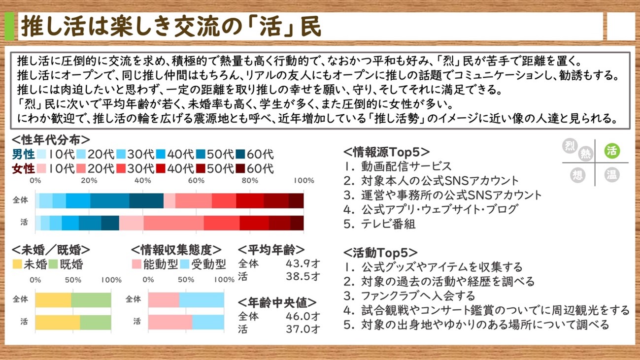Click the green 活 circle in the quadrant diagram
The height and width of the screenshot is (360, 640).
pyautogui.click(x=612, y=151)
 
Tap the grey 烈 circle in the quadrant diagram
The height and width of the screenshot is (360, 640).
pyautogui.click(x=570, y=146)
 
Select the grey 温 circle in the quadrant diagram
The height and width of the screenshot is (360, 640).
pyautogui.click(x=612, y=175)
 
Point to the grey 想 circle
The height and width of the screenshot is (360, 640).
pyautogui.click(x=578, y=175)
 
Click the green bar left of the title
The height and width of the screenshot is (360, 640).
pyautogui.click(x=9, y=26)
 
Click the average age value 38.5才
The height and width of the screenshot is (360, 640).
pyautogui.click(x=303, y=276)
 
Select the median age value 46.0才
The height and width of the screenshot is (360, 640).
pyautogui.click(x=303, y=316)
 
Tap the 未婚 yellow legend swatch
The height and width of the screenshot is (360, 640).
pyautogui.click(x=17, y=264)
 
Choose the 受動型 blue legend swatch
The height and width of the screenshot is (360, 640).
pyautogui.click(x=185, y=264)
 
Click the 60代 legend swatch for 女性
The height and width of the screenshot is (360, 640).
pyautogui.click(x=240, y=168)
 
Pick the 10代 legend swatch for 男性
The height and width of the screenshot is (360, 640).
pyautogui.click(x=41, y=154)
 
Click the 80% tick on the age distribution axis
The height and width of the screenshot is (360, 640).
pyautogui.click(x=250, y=180)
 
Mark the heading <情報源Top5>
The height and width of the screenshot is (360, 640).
pyautogui.click(x=386, y=152)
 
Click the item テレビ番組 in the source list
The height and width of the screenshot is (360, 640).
pyautogui.click(x=388, y=224)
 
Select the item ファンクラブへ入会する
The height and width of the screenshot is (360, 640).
pyautogui.click(x=418, y=296)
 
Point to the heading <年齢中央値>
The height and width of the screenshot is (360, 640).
pyautogui.click(x=277, y=302)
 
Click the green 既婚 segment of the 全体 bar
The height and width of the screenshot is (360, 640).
pyautogui.click(x=91, y=300)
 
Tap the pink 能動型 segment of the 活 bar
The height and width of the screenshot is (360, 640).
pyautogui.click(x=170, y=322)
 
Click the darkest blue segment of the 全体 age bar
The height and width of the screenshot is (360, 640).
pyautogui.click(x=146, y=201)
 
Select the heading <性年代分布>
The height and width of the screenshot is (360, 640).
pyautogui.click(x=51, y=140)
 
